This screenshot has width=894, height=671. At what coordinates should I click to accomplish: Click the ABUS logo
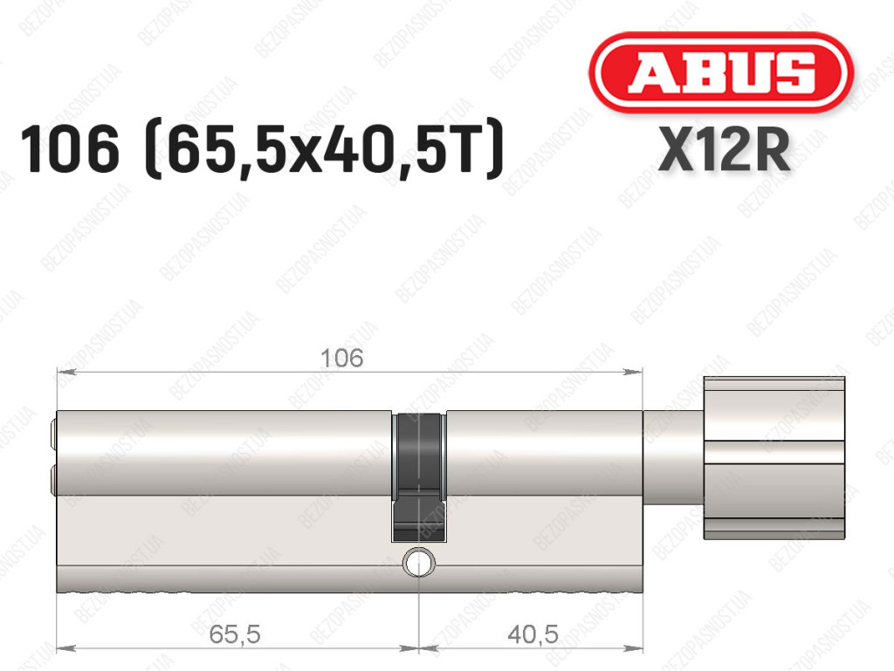pos(720,72)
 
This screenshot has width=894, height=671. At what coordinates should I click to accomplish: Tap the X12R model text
pos(724,149)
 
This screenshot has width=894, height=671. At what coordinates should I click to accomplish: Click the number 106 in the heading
pos(70,149)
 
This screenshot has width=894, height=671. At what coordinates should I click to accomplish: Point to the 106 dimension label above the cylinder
pos(341,359)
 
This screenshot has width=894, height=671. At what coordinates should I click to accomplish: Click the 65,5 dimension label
pos(235,634)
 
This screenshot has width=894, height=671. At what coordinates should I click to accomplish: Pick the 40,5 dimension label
pos(533,634)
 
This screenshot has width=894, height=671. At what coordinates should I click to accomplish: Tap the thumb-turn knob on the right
pos(774,457)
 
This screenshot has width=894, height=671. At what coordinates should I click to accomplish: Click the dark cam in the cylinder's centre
pos(418,476)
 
